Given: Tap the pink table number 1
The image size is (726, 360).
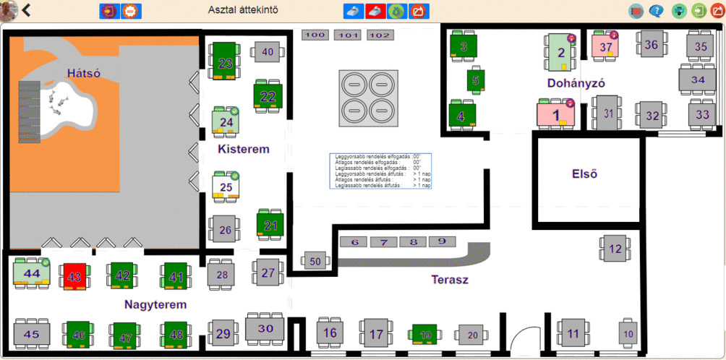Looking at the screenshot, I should tap(556, 113).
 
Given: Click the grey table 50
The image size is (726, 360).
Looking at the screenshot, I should tap(315, 261).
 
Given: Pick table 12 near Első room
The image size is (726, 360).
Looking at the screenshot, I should tap(615, 249).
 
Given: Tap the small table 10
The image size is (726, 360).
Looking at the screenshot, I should tap(628, 333).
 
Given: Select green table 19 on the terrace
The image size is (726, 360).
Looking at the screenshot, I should tap(426, 334).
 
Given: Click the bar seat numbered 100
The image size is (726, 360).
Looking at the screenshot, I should tap(315, 35).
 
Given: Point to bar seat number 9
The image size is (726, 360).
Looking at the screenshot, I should tap(442, 242).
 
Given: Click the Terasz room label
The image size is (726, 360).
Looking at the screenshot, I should tap(450, 279).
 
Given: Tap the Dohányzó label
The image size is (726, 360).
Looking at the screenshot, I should tap(576, 83).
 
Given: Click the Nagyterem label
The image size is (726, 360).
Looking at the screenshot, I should tap(155, 304).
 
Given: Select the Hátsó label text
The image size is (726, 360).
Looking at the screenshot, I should tap(83, 73).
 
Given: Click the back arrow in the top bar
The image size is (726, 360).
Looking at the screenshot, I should tap(27, 10).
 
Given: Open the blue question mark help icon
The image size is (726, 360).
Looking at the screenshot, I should tap(656, 11).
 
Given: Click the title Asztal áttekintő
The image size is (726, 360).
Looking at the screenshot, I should tap(242, 10).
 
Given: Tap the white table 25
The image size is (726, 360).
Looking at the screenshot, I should tap(226, 187).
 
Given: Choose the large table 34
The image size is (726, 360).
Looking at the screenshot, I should tap(697, 79).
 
